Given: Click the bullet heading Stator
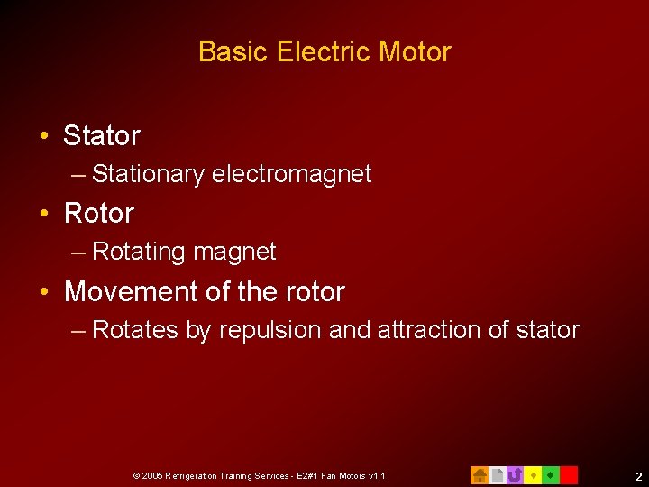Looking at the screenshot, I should (102, 136).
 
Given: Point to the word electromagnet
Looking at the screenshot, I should (291, 174).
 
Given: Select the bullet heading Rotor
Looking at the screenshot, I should (99, 214).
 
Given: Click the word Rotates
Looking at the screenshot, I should (135, 330).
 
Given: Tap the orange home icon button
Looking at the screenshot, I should (480, 474).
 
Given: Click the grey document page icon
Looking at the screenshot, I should (497, 474).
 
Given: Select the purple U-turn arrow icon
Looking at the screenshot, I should (515, 474).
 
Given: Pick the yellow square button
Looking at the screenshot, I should (533, 474).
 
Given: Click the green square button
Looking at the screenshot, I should (551, 474).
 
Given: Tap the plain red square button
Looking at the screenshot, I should (569, 474).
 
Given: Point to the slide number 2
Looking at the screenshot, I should (637, 476).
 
